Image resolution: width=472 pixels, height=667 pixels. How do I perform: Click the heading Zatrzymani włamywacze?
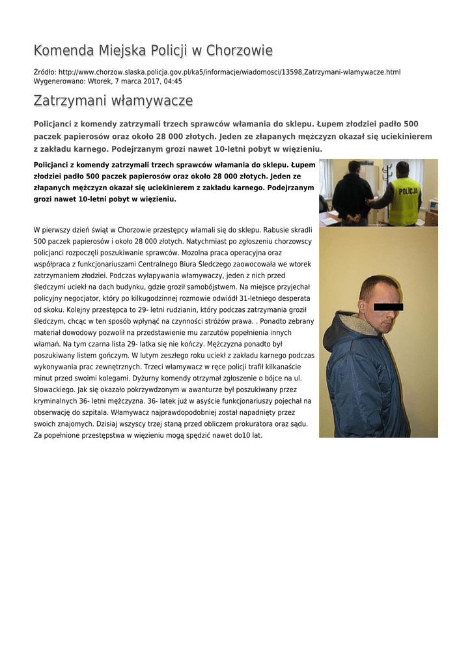pos(113,101)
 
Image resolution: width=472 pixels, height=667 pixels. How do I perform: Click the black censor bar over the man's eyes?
pos(389,306)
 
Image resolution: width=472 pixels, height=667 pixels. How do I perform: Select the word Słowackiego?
pos(57,390)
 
